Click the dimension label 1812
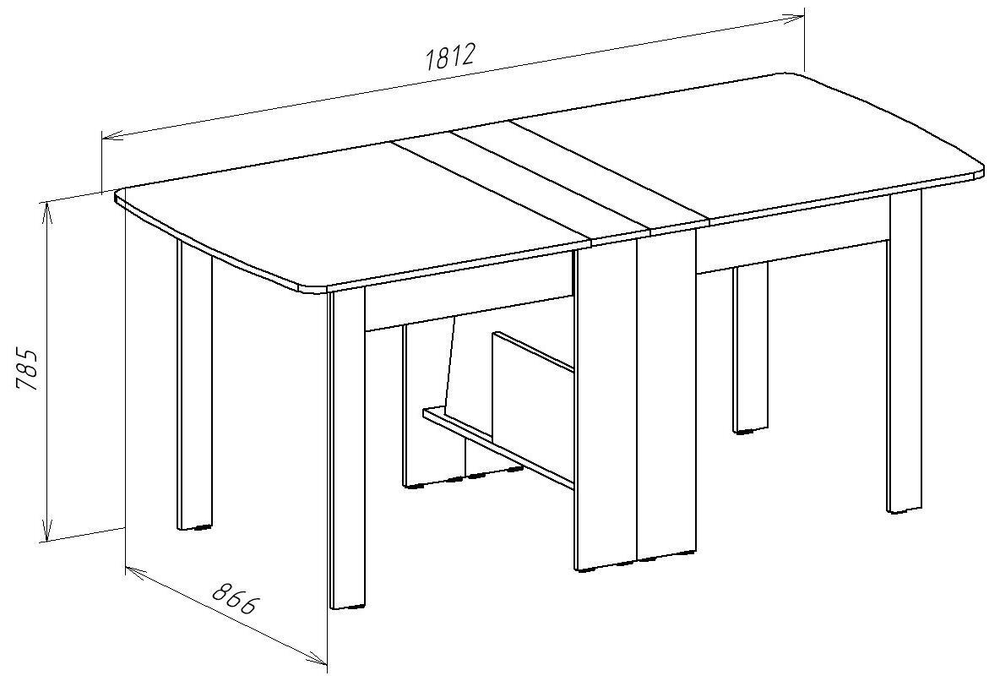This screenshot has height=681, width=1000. tap(449, 57)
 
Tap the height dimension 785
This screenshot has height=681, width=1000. tap(29, 369)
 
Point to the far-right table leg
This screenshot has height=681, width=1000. tap(905, 351)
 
